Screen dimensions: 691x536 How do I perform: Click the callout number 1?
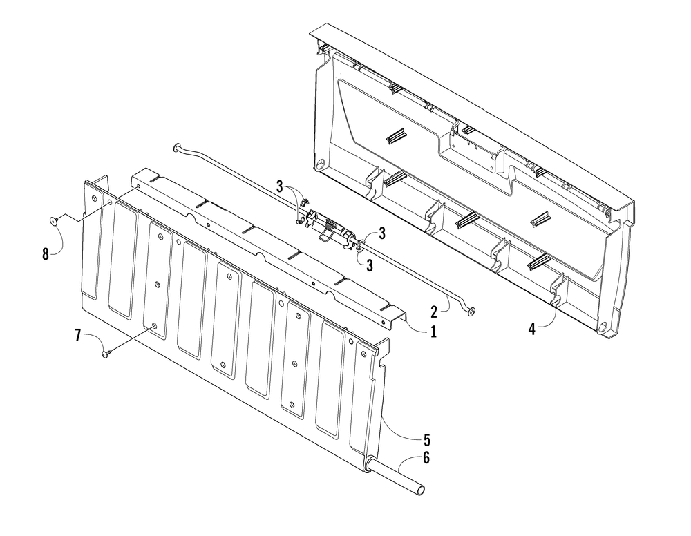[x=433, y=332]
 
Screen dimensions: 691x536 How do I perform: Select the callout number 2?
[x=434, y=312]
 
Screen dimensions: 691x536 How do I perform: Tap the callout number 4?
[x=532, y=329]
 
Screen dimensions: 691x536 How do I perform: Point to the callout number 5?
[x=426, y=439]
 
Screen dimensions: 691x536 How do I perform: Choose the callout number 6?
[x=426, y=458]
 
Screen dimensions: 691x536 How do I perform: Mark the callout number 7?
[x=78, y=336]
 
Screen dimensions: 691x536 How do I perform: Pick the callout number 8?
[x=46, y=254]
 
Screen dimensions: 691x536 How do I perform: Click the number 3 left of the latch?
[x=279, y=186]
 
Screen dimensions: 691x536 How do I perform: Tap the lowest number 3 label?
[x=369, y=265]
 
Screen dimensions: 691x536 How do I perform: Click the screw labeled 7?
[x=106, y=353]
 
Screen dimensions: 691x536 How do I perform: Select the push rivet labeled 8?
[x=54, y=221]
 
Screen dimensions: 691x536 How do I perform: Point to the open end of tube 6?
[x=422, y=490]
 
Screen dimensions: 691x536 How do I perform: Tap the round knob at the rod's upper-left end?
[x=177, y=147]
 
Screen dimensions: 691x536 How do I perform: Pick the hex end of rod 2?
[x=471, y=312]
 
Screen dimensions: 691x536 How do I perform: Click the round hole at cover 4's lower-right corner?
[x=602, y=327]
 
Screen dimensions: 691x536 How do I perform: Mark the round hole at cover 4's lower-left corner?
[x=319, y=165]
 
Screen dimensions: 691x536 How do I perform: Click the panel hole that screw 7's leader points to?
[x=154, y=326]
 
